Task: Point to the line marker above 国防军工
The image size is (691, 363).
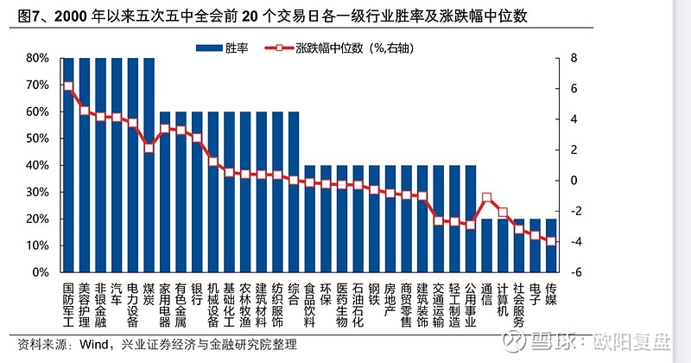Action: pyautogui.click(x=68, y=86)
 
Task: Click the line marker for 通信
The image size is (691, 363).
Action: pyautogui.click(x=487, y=198)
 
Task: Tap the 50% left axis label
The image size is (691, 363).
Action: pyautogui.click(x=37, y=138)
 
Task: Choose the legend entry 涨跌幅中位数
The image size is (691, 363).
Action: pyautogui.click(x=345, y=48)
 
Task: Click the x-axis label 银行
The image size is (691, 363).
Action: pyautogui.click(x=198, y=294)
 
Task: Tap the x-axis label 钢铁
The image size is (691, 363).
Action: pyautogui.click(x=375, y=294)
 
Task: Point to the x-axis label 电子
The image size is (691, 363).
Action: pyautogui.click(x=536, y=294)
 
